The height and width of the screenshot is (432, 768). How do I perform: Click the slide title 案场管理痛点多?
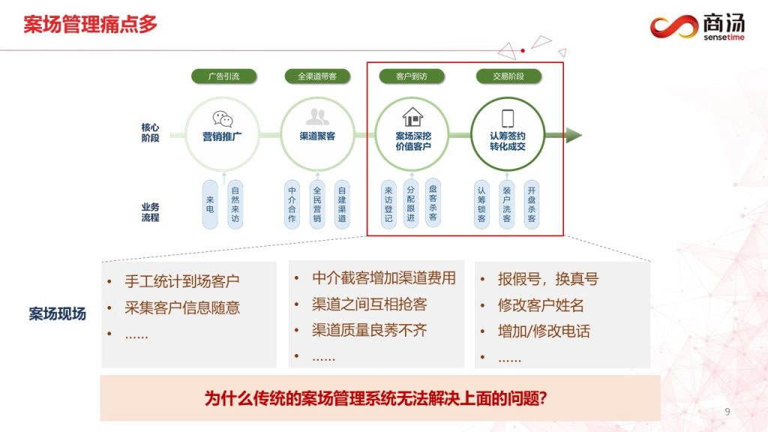click(x=91, y=25)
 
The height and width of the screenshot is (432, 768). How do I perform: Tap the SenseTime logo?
click(x=697, y=26)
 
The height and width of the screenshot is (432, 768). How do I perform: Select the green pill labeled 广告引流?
click(x=223, y=76)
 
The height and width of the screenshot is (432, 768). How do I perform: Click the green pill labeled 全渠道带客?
click(x=317, y=76)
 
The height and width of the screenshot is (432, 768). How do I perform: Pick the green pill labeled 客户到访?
click(x=412, y=76)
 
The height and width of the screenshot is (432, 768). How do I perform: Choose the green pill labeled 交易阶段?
click(x=508, y=76)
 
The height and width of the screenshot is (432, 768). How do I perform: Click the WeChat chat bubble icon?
click(x=223, y=118)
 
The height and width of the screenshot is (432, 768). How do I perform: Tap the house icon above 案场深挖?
click(x=413, y=117)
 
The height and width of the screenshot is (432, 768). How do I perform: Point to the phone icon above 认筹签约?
click(x=508, y=118)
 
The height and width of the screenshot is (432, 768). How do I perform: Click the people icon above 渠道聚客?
click(x=317, y=116)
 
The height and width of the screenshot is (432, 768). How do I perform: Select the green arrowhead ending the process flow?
click(x=574, y=135)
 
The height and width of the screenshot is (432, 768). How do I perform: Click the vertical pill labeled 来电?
click(x=210, y=204)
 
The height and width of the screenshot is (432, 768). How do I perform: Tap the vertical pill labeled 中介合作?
click(x=292, y=204)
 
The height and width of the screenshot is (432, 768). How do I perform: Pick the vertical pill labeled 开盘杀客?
click(x=532, y=204)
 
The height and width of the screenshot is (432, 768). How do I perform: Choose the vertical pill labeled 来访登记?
click(x=388, y=204)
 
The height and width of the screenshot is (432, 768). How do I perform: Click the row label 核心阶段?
click(x=150, y=133)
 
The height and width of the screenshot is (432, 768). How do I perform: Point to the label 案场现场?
click(x=57, y=314)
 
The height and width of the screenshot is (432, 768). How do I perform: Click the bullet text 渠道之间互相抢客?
click(x=369, y=304)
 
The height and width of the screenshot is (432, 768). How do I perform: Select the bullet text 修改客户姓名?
click(x=541, y=305)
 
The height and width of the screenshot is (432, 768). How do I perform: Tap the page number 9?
click(x=727, y=412)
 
